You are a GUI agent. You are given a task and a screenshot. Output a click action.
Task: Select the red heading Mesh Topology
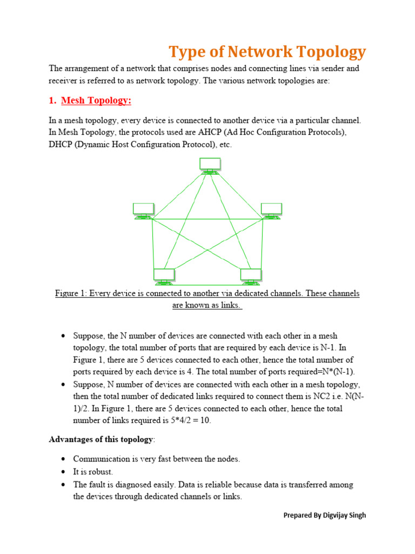(96, 101)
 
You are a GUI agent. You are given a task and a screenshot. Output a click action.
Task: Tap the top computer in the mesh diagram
(210, 165)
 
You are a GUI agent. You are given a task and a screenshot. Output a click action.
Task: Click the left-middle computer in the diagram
(144, 210)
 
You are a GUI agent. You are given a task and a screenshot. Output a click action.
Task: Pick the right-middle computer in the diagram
(271, 210)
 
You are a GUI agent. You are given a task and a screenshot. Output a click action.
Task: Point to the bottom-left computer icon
(164, 276)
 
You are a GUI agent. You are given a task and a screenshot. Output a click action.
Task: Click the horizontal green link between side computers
(207, 219)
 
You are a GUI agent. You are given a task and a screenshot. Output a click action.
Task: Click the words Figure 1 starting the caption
(70, 293)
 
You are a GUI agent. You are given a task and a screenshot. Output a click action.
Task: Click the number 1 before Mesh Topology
(52, 101)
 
